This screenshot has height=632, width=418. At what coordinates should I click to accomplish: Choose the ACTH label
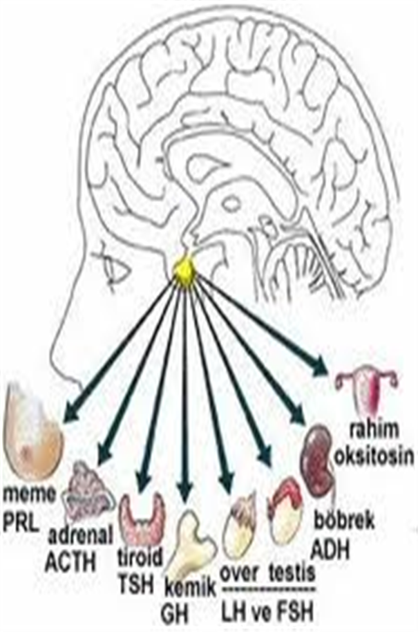[x=71, y=561]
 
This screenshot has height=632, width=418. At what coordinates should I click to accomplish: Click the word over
[x=240, y=573]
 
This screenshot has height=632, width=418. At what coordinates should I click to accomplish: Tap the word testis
[x=292, y=572]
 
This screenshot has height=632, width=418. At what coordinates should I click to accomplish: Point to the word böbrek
[x=344, y=520]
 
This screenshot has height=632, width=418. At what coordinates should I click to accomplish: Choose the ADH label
[x=331, y=550]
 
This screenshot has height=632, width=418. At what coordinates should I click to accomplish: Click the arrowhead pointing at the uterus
[x=319, y=366]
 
